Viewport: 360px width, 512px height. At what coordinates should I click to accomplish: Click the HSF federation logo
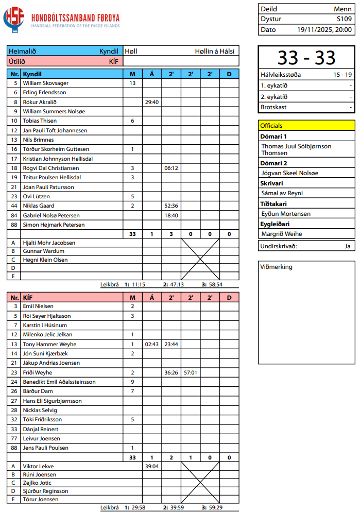click(x=14, y=19)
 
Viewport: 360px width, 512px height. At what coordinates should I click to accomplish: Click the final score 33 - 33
click(x=306, y=58)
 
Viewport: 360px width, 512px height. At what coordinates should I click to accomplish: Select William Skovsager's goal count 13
click(x=132, y=83)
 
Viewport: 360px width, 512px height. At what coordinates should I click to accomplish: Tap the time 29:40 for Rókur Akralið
click(x=151, y=102)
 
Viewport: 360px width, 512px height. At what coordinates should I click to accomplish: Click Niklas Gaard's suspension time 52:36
click(x=171, y=206)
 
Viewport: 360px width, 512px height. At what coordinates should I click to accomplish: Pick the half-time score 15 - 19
click(x=342, y=75)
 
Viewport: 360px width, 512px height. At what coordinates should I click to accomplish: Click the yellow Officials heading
click(x=271, y=125)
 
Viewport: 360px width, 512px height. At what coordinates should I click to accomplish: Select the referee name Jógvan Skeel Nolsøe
click(x=289, y=173)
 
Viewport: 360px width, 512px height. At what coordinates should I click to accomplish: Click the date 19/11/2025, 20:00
click(x=324, y=29)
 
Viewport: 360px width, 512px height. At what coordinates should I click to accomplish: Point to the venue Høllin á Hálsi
click(x=214, y=51)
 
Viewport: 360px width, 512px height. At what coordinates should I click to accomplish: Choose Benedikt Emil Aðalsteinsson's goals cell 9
click(x=132, y=382)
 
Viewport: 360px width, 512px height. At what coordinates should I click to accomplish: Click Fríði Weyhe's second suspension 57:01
click(x=191, y=372)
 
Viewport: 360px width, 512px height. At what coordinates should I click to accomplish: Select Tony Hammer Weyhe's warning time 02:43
click(x=151, y=344)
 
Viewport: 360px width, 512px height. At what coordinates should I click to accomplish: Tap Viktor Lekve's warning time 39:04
click(x=151, y=466)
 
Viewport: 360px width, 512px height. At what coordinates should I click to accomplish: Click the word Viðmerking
click(x=277, y=267)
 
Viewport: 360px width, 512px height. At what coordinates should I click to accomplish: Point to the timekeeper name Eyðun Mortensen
click(x=286, y=213)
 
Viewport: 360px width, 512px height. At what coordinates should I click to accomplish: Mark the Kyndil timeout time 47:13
click(x=177, y=284)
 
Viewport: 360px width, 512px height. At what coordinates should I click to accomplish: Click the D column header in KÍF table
click(x=229, y=297)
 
